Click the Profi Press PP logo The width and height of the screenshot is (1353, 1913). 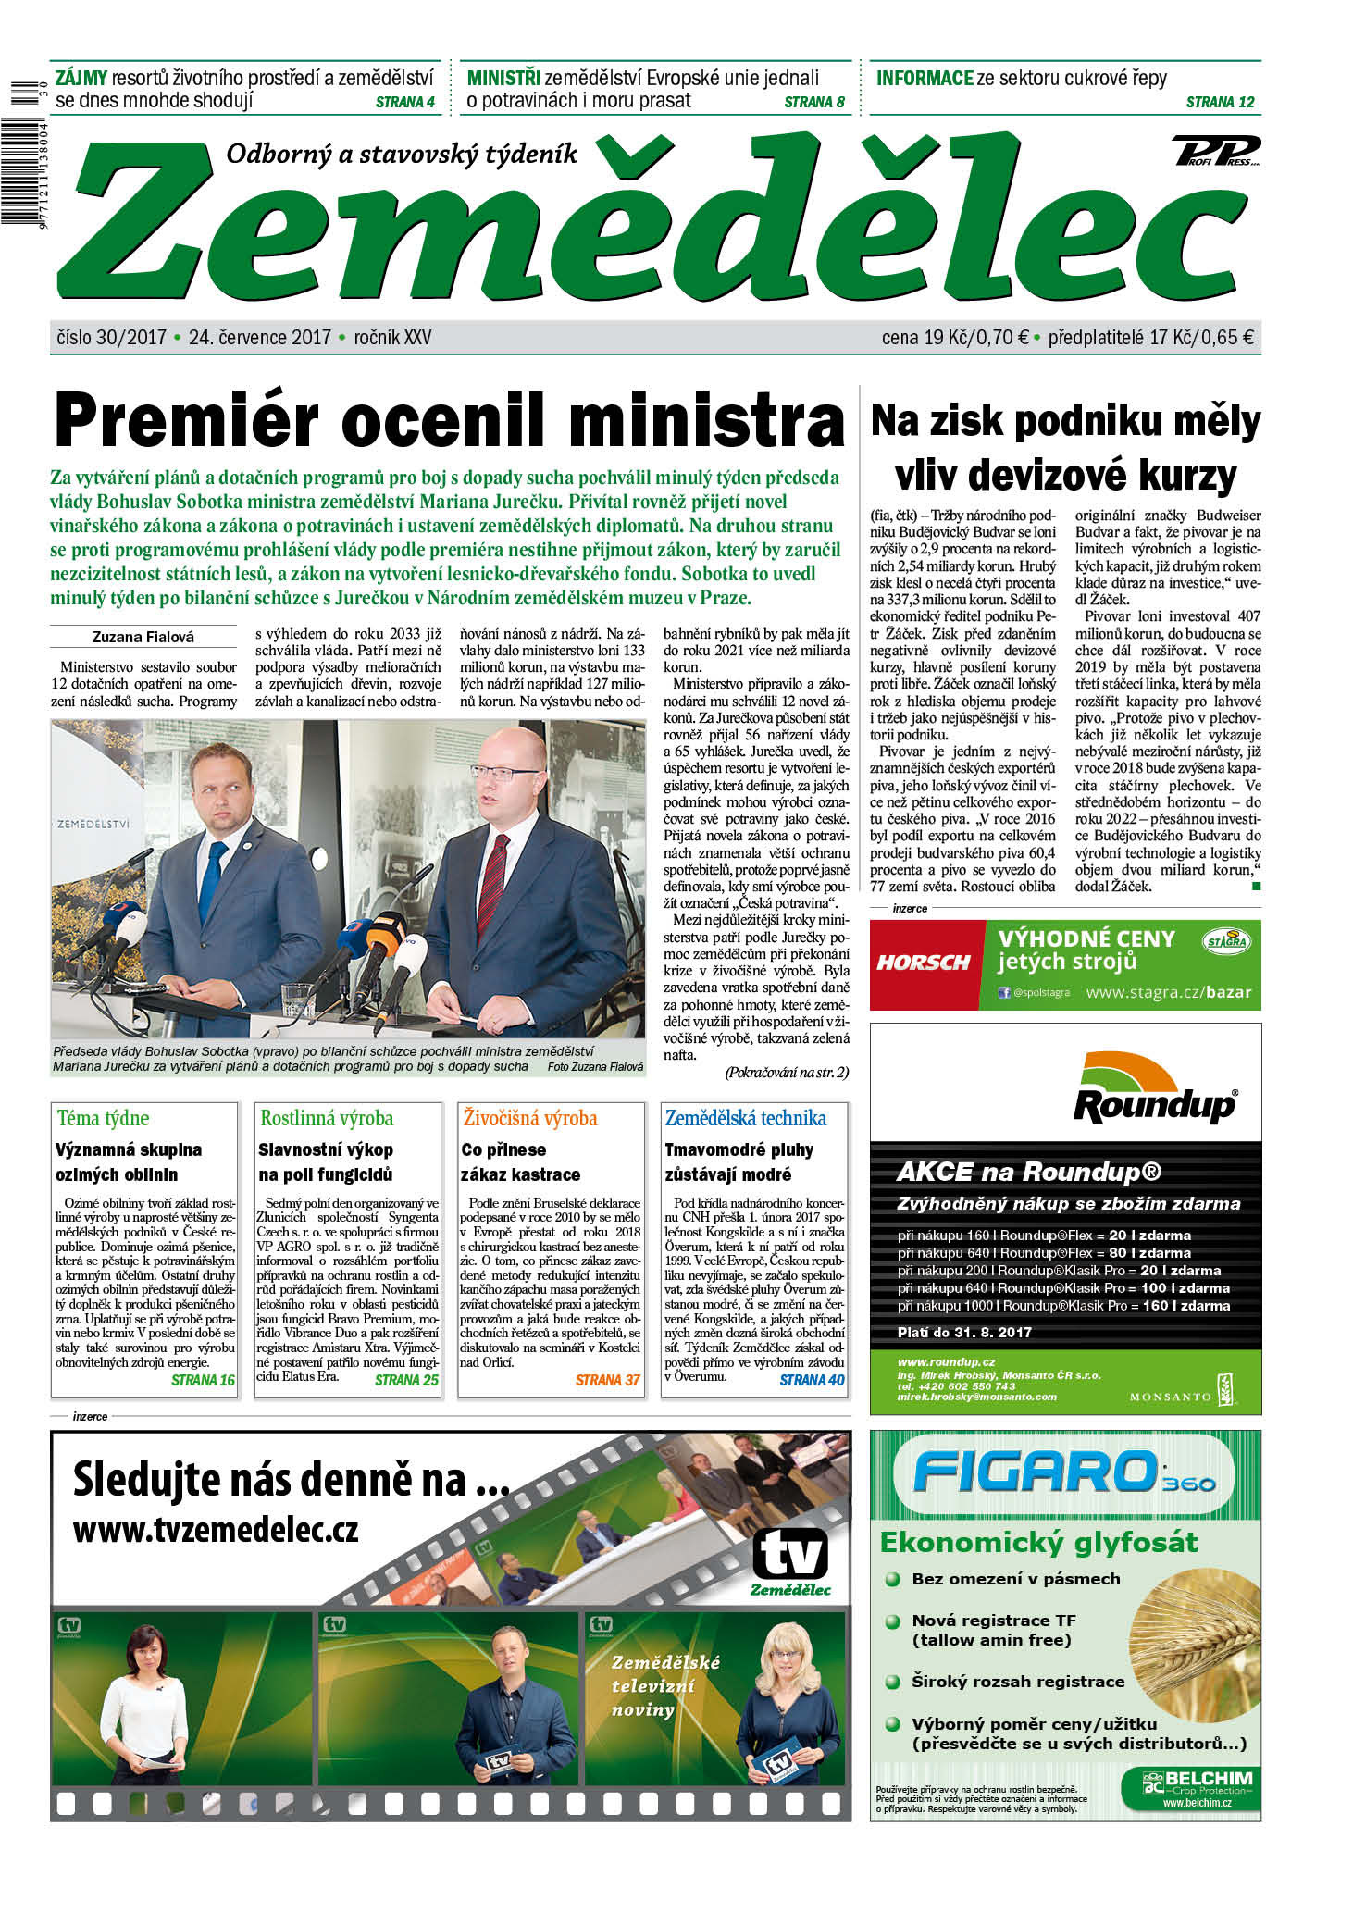click(x=1215, y=150)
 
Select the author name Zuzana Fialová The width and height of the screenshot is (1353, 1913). click(x=143, y=637)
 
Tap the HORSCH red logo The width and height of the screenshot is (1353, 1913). click(x=924, y=963)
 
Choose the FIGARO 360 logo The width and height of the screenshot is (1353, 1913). click(x=1064, y=1474)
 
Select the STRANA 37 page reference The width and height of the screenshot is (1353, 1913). click(x=607, y=1380)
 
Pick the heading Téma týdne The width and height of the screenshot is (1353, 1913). click(x=103, y=1118)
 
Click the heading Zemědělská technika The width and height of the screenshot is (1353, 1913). click(x=745, y=1118)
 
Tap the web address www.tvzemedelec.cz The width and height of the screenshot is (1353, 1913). click(x=215, y=1529)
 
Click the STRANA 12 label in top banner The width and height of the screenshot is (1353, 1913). click(x=1220, y=102)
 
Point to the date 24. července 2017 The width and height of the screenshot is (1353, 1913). click(x=260, y=338)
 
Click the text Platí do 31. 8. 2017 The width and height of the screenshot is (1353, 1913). click(x=964, y=1333)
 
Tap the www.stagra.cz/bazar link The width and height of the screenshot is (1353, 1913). click(x=1168, y=992)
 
